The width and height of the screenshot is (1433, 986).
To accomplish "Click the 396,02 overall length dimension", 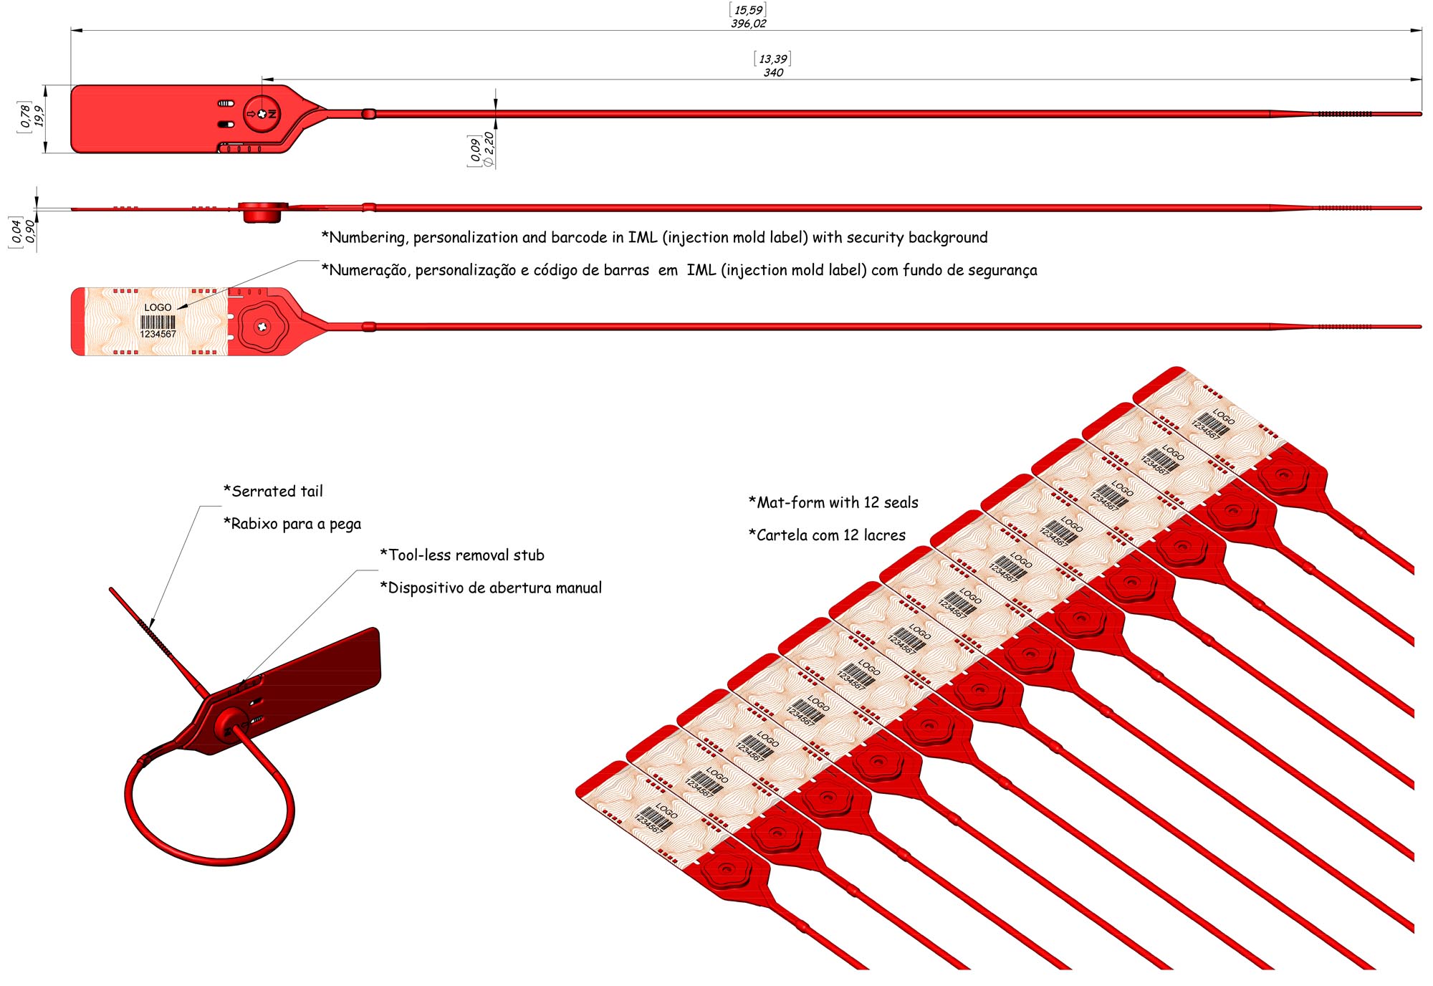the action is pyautogui.click(x=749, y=24).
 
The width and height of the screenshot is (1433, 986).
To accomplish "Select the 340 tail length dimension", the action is pyautogui.click(x=773, y=72).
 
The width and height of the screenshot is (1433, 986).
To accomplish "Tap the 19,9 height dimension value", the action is pyautogui.click(x=39, y=116).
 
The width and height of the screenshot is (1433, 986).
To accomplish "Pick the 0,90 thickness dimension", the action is pyautogui.click(x=30, y=232).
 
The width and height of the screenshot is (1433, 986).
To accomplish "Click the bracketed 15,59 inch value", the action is pyautogui.click(x=749, y=10).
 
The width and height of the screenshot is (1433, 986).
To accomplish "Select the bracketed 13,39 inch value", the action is pyautogui.click(x=773, y=59).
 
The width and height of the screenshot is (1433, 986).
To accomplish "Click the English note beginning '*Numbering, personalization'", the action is pyautogui.click(x=654, y=237).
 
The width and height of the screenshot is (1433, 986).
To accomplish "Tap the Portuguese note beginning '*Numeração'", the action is pyautogui.click(x=679, y=269).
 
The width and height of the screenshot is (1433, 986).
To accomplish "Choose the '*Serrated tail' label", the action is pyautogui.click(x=273, y=491).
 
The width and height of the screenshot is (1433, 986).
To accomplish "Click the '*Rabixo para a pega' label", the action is pyautogui.click(x=292, y=524).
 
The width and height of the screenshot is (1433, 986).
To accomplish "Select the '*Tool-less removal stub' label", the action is pyautogui.click(x=462, y=555).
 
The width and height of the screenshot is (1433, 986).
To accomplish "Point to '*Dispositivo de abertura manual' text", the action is pyautogui.click(x=491, y=588).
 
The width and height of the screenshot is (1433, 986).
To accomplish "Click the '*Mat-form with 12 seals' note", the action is pyautogui.click(x=833, y=502).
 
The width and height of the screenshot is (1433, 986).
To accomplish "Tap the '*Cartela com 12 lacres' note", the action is pyautogui.click(x=827, y=535).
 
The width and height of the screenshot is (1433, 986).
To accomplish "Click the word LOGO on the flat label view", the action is pyautogui.click(x=158, y=307).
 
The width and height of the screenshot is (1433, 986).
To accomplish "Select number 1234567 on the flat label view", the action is pyautogui.click(x=158, y=334).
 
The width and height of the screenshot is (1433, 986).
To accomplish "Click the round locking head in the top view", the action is pyautogui.click(x=262, y=114).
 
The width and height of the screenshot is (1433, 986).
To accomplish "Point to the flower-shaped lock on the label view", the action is pyautogui.click(x=262, y=327).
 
